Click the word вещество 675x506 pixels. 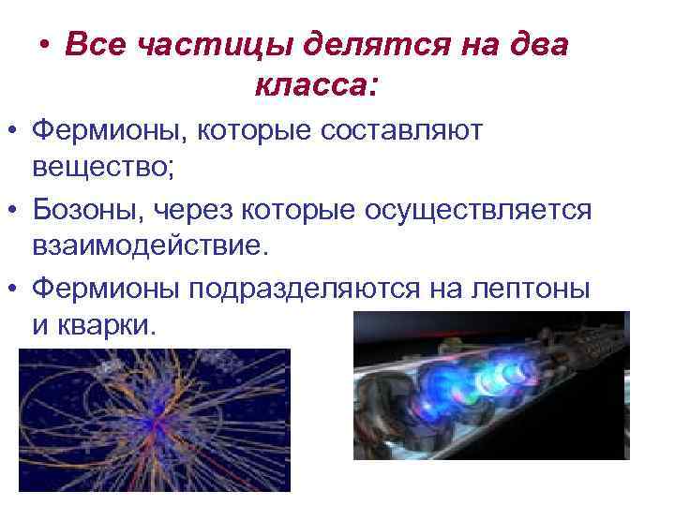[101, 170]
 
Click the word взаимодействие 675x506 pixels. [149, 250]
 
